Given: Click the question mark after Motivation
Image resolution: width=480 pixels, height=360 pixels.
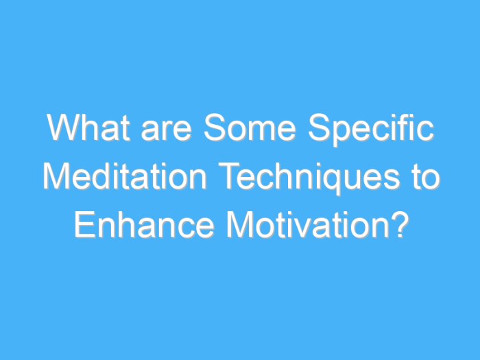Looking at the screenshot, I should (398, 226).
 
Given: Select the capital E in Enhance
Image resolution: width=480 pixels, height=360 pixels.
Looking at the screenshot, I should (83, 226).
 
